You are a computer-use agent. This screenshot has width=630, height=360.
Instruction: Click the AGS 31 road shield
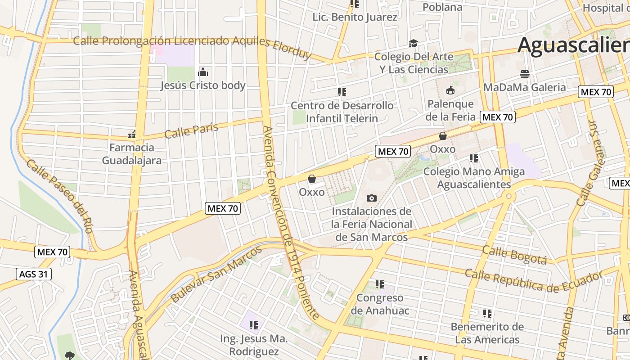click(x=34, y=274)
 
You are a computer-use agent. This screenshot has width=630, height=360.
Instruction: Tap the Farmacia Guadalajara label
click(x=131, y=154)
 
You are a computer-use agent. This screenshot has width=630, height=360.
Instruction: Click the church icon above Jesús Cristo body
click(x=203, y=72)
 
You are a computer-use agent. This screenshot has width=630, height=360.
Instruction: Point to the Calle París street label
click(x=191, y=130)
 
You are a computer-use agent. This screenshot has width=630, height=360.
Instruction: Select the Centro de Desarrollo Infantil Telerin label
click(x=342, y=112)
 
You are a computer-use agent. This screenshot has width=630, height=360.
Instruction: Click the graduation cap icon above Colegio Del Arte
click(x=413, y=43)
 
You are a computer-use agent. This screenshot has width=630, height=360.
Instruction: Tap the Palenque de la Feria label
click(x=451, y=110)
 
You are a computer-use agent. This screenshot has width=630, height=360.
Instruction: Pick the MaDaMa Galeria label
click(x=524, y=87)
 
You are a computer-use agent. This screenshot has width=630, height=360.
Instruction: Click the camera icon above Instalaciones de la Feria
click(x=372, y=198)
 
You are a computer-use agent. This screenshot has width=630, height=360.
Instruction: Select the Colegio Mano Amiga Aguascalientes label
click(x=474, y=178)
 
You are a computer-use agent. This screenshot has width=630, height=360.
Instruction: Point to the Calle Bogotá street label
click(x=514, y=255)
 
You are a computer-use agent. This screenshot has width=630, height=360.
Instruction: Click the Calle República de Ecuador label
click(x=533, y=281)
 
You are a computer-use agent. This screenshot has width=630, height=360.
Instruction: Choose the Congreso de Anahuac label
click(x=380, y=304)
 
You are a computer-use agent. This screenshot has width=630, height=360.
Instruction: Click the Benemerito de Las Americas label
click(x=487, y=333)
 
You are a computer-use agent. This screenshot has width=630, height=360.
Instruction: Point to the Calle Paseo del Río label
click(x=59, y=196)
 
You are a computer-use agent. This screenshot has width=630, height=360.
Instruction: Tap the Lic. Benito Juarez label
click(x=355, y=17)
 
